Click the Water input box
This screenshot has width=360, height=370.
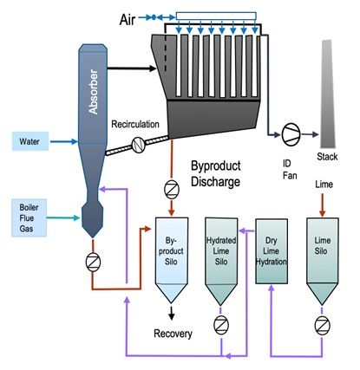click(x=30, y=141)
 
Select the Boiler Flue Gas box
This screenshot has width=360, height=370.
click(x=29, y=218)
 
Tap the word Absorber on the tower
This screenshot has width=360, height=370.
click(x=93, y=92)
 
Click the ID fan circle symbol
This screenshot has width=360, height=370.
click(x=291, y=134)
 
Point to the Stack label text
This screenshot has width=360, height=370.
click(x=327, y=157)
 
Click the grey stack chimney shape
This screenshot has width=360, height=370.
click(x=328, y=94)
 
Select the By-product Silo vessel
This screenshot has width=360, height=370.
click(x=172, y=260)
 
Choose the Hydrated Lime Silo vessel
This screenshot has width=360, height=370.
click(x=221, y=262)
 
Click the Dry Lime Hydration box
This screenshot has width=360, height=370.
click(x=272, y=251)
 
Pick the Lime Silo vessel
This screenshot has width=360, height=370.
click(x=322, y=262)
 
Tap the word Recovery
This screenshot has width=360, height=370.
click(x=173, y=334)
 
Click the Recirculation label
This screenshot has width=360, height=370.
click(x=135, y=124)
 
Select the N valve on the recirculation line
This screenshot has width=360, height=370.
click(x=139, y=145)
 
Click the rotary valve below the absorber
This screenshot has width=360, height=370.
click(x=93, y=263)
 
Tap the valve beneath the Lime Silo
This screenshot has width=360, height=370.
click(x=322, y=326)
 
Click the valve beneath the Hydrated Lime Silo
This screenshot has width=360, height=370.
click(x=221, y=325)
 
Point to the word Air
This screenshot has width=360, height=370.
click(x=128, y=20)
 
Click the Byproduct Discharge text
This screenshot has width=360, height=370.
click(x=216, y=173)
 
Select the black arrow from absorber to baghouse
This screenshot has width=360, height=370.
click(x=132, y=68)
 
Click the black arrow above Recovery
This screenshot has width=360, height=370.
click(x=172, y=313)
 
